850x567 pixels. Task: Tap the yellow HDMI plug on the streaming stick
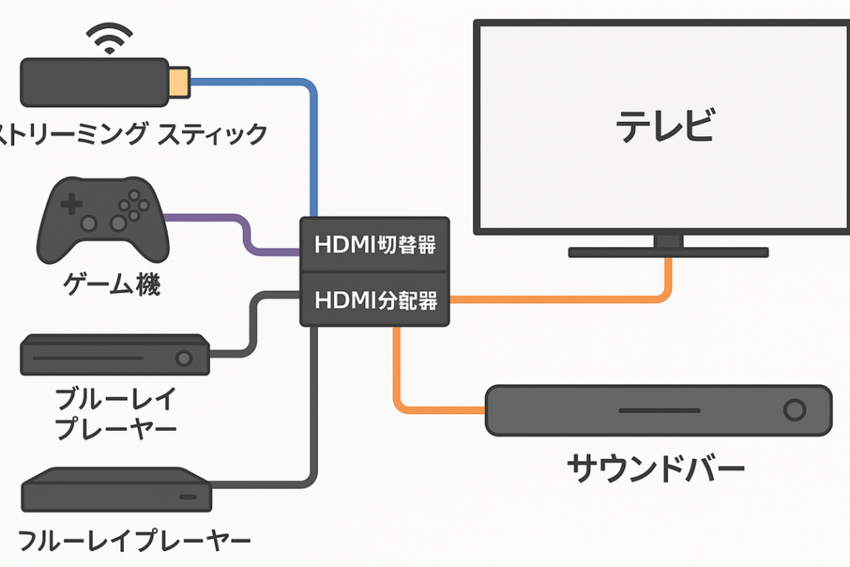click(179, 81)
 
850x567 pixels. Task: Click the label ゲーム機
click(111, 286)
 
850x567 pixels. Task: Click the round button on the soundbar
click(794, 410)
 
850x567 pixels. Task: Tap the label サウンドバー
click(656, 470)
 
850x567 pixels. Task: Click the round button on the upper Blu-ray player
click(183, 358)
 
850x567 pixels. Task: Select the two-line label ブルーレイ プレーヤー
click(115, 413)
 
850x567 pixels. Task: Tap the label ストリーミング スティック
click(133, 133)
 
